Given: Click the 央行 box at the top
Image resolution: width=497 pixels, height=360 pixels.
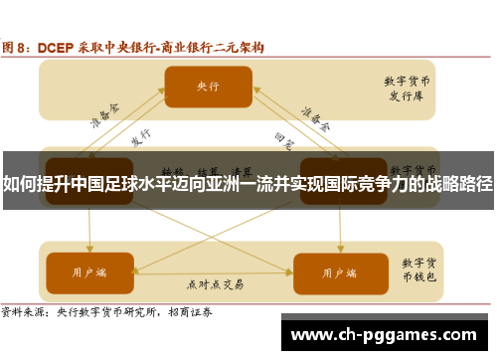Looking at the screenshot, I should (208, 87).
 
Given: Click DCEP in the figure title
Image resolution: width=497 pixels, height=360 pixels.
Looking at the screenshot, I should (59, 47).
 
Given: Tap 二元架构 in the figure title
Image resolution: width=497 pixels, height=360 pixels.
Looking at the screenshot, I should (239, 47).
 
